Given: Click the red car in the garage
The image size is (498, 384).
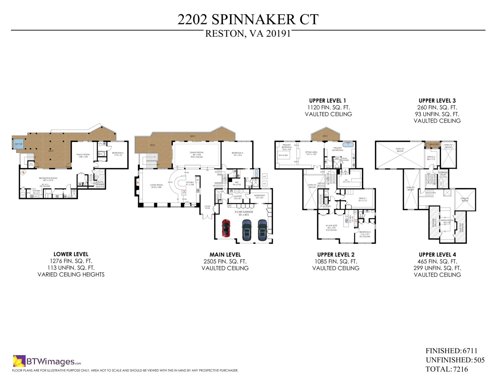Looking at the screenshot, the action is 226,228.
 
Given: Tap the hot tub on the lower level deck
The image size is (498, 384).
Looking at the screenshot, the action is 18,144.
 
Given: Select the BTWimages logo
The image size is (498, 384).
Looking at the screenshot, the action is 47,361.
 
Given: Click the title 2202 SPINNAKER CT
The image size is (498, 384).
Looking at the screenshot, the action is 248,19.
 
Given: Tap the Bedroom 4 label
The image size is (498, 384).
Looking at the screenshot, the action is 118,153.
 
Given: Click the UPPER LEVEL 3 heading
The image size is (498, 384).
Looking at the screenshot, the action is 437,101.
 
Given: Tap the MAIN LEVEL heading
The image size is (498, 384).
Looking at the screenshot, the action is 225,255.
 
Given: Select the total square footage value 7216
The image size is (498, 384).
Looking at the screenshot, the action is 461,369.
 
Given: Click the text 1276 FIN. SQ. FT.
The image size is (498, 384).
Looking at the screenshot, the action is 71,261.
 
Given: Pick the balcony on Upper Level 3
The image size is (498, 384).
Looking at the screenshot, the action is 434,144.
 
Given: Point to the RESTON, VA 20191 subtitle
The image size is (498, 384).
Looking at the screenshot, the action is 248,34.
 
